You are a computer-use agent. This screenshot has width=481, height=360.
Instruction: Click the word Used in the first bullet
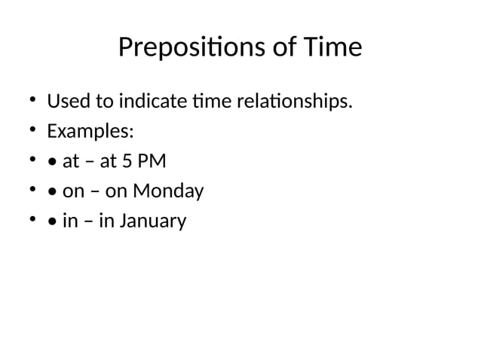tap(65, 101)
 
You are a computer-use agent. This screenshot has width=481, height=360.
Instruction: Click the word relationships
tap(297, 101)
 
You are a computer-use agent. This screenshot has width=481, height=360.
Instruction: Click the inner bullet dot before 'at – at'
tap(51, 162)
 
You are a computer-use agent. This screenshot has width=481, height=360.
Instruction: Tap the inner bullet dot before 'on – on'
tap(51, 192)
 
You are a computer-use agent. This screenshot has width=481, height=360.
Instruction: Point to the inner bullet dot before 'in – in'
tap(51, 222)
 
